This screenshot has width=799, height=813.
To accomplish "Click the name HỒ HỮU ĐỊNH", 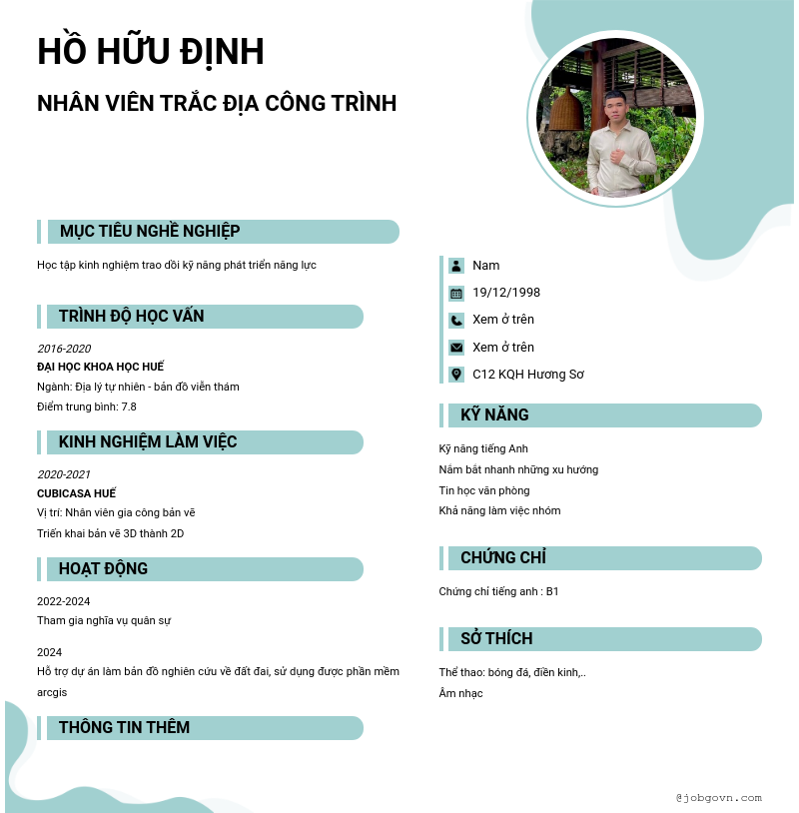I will pyautogui.click(x=151, y=52).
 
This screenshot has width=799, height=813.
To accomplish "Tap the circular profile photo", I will pyautogui.click(x=615, y=117).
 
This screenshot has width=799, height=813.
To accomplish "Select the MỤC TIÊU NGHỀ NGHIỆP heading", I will pyautogui.click(x=150, y=232).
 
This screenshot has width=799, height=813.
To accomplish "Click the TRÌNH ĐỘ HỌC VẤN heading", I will pyautogui.click(x=131, y=317).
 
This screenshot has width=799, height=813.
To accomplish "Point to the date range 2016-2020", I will pyautogui.click(x=64, y=349).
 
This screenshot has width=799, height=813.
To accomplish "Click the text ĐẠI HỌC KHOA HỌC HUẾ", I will pyautogui.click(x=100, y=367).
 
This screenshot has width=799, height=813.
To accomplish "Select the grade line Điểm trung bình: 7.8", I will pyautogui.click(x=87, y=406).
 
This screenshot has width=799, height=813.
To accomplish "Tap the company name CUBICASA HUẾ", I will pyautogui.click(x=76, y=493).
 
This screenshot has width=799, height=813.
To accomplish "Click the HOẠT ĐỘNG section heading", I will pyautogui.click(x=103, y=569).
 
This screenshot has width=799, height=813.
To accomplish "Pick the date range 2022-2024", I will pyautogui.click(x=64, y=601).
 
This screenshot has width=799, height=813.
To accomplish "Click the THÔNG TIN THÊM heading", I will pyautogui.click(x=124, y=727).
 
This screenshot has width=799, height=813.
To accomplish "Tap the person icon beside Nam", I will pyautogui.click(x=456, y=266).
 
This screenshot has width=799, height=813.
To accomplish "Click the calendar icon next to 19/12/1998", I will pyautogui.click(x=456, y=294).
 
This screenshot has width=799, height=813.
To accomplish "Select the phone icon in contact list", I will pyautogui.click(x=456, y=321).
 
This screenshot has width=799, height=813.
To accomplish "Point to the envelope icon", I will pyautogui.click(x=456, y=348).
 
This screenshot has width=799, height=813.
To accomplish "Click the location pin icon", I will pyautogui.click(x=456, y=375).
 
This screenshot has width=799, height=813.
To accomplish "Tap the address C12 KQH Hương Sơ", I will pyautogui.click(x=528, y=375).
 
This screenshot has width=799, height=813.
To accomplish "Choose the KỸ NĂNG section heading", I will pyautogui.click(x=494, y=415).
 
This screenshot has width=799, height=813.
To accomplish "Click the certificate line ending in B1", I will pyautogui.click(x=498, y=591).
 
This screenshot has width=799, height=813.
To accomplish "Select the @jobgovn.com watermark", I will pyautogui.click(x=718, y=797).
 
